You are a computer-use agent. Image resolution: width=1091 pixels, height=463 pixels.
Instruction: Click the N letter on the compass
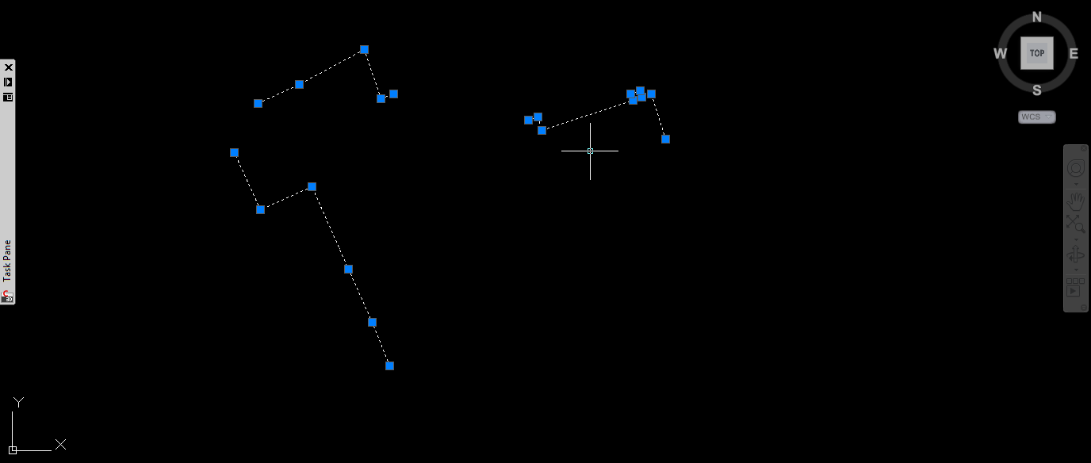[1036, 17]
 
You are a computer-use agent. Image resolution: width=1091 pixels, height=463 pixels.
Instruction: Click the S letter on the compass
[1036, 90]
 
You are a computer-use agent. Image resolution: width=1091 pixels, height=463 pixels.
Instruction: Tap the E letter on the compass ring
[1074, 54]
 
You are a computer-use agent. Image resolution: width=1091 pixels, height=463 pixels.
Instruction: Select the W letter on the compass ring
[1000, 54]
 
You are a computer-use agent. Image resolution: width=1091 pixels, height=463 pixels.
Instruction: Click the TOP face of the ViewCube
[1036, 53]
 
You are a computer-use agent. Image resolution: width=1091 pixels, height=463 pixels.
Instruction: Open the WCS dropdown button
[1036, 117]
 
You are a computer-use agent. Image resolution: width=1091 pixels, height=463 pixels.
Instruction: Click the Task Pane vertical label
[8, 261]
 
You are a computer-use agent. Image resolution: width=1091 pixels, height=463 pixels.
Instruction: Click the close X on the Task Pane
[8, 67]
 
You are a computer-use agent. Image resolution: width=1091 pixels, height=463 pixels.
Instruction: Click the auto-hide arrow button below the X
[8, 82]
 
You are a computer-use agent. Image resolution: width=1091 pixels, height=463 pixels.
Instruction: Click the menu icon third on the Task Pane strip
[8, 97]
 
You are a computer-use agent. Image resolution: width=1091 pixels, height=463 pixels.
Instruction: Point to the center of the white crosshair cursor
[590, 151]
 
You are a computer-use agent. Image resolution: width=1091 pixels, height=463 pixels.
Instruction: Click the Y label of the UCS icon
[18, 402]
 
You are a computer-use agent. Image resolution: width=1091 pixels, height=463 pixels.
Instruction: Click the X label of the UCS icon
[60, 445]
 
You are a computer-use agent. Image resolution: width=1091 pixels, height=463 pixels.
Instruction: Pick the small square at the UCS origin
[13, 450]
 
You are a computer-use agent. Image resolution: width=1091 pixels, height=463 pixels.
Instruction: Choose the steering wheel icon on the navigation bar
[1075, 168]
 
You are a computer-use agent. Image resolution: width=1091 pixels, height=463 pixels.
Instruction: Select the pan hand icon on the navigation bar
[1075, 201]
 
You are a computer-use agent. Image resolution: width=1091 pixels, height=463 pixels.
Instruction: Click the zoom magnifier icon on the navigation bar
[1075, 224]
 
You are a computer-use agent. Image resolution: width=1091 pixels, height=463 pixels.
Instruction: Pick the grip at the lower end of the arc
[665, 139]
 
